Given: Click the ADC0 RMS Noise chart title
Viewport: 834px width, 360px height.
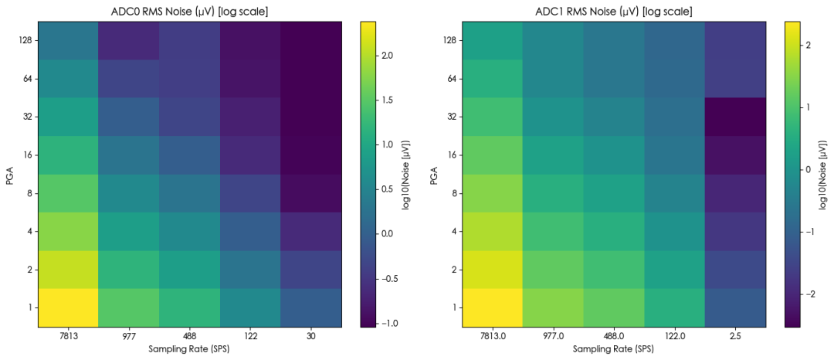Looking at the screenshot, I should [x=190, y=11].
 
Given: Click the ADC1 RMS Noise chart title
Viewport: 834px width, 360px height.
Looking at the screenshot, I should [x=613, y=11].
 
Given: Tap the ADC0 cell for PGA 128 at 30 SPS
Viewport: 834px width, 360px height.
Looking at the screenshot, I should [x=310, y=40].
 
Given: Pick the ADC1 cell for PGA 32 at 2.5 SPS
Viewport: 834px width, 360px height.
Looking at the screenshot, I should [x=734, y=117].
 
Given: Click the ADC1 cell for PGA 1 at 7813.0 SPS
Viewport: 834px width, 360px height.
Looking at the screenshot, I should [x=491, y=307].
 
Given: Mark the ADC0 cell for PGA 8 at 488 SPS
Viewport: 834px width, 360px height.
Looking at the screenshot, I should [x=189, y=193].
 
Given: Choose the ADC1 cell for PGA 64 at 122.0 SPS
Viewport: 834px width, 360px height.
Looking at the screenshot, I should [x=674, y=78].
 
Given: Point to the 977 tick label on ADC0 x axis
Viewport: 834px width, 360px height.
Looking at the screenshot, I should [x=129, y=336].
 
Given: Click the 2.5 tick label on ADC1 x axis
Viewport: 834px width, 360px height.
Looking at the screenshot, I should [x=734, y=336].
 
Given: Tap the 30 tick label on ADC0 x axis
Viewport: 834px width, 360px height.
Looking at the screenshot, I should [x=310, y=336].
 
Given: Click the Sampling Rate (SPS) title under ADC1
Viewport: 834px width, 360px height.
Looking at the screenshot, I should [x=613, y=349].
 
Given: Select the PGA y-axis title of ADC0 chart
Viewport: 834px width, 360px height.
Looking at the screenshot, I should [x=9, y=174].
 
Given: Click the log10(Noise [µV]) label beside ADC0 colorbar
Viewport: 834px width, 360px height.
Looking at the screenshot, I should [x=407, y=174].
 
